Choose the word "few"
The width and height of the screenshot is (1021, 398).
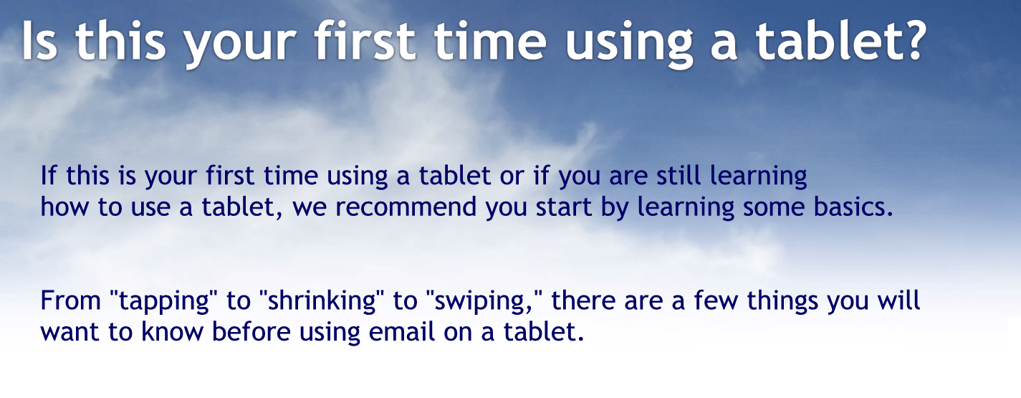pos(717,300)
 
